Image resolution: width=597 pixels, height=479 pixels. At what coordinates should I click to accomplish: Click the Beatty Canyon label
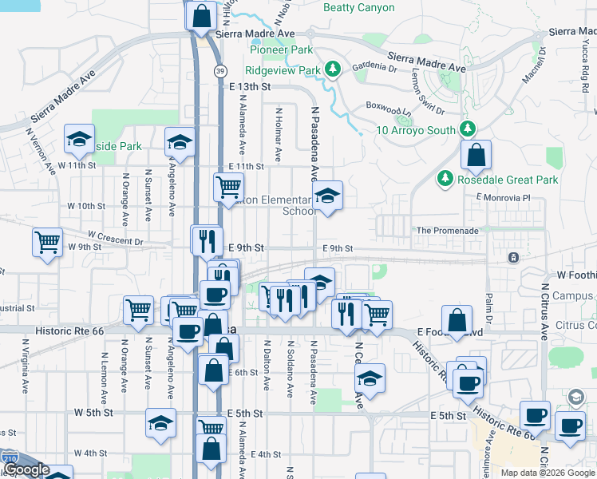tap(358, 8)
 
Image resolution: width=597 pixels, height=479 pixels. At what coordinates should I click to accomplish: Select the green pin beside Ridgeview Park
tap(334, 70)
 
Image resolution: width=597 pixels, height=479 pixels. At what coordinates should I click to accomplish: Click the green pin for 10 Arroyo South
tap(468, 129)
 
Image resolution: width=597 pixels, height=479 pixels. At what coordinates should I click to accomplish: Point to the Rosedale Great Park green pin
tap(445, 180)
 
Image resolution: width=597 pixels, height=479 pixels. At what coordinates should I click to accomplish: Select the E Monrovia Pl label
tap(503, 197)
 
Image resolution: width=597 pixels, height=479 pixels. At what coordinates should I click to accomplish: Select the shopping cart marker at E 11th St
tap(228, 187)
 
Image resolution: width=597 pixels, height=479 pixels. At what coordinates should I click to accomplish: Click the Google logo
tap(26, 470)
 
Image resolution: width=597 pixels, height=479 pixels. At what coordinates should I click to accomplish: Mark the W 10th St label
tap(86, 206)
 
